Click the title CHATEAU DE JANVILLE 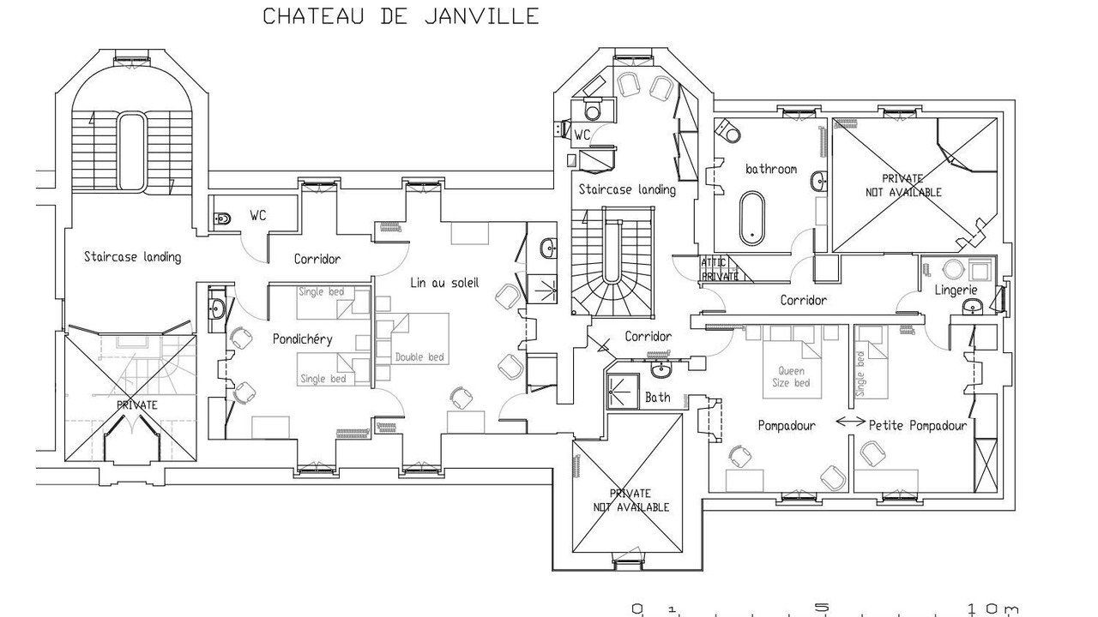tap(401, 16)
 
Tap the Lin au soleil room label tap(444, 283)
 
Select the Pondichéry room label tap(303, 338)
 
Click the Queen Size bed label tap(791, 376)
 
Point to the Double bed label tap(419, 357)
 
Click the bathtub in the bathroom tap(751, 218)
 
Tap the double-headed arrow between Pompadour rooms tap(850, 421)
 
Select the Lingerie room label tap(956, 290)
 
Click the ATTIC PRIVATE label tap(720, 269)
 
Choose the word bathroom tap(771, 169)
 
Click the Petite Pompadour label tap(918, 425)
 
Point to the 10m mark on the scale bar tap(992, 608)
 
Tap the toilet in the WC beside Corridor tap(222, 219)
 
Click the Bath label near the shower tap(657, 397)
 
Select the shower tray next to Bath tap(624, 392)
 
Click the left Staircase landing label tap(132, 256)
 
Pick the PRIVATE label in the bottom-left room tap(136, 405)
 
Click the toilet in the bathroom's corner tap(728, 129)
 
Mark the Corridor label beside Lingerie tap(804, 300)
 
